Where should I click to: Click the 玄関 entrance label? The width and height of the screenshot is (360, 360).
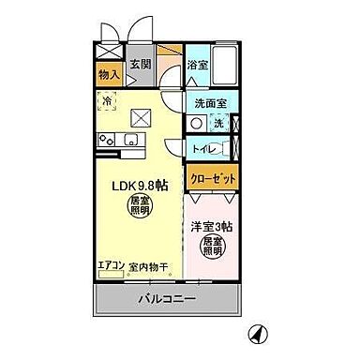point(141,64)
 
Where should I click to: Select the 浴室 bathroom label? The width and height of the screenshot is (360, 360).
point(197,65)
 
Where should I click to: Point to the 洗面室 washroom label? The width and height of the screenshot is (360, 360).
point(211,104)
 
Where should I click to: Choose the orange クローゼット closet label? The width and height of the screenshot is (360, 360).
point(212,179)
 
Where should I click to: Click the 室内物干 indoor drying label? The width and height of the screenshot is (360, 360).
point(147,267)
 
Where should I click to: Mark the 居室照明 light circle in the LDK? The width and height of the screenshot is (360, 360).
point(140,206)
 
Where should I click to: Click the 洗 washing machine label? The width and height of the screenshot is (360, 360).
point(217,124)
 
